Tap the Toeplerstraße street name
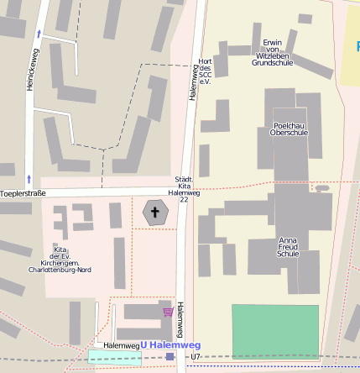[22, 193]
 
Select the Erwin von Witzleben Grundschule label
[272, 52]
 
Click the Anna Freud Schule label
[288, 247]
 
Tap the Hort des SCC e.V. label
[204, 71]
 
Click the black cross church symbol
[155, 212]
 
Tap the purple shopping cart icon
[168, 312]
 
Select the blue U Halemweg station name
[170, 345]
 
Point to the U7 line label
[196, 357]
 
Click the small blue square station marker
[170, 357]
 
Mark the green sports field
[275, 332]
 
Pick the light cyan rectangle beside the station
[115, 357]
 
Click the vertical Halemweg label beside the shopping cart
[180, 320]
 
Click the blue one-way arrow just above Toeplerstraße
[29, 178]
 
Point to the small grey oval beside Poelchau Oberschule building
[321, 188]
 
